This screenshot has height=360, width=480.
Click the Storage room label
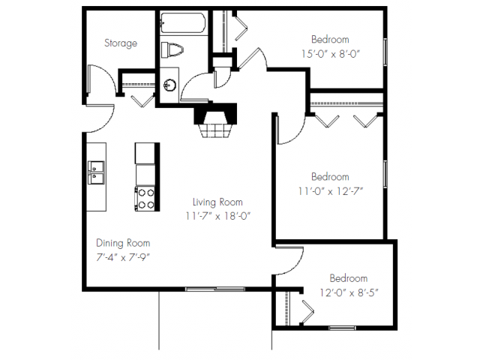click(121, 43)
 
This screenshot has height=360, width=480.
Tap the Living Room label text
click(217, 202)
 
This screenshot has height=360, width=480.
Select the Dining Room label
click(123, 243)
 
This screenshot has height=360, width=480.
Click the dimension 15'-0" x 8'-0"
click(331, 54)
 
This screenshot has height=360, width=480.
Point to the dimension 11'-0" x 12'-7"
click(331, 190)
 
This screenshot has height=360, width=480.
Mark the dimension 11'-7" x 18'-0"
click(217, 216)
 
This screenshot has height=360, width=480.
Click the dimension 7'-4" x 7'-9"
click(123, 257)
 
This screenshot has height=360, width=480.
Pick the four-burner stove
click(145, 199)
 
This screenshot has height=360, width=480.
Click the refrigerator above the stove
click(145, 153)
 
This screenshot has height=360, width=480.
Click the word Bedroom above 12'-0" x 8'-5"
click(349, 277)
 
